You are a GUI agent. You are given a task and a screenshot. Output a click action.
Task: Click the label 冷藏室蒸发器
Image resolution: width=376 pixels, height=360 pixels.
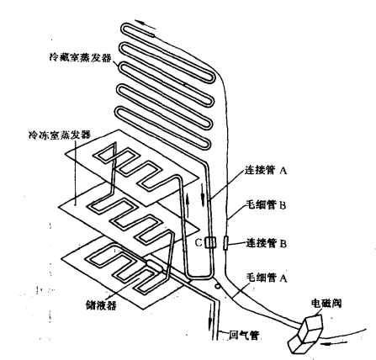(x=81, y=58)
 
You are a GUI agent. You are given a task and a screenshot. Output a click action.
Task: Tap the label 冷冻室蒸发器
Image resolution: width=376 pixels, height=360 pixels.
(x=60, y=135)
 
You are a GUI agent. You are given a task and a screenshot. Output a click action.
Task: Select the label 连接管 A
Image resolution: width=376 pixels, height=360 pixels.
(x=266, y=170)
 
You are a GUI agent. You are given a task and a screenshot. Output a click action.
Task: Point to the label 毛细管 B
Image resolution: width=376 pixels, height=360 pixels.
(x=266, y=205)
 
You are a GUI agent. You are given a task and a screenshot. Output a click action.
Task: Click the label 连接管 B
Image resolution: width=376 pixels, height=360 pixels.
(x=267, y=243)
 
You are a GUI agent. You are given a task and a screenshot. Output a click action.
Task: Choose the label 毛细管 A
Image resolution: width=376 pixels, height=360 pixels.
(x=267, y=278)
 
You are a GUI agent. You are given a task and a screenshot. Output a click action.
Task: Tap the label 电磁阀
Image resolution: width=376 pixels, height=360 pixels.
(x=326, y=303)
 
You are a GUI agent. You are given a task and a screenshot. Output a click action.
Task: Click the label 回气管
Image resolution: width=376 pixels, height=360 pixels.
(x=244, y=335)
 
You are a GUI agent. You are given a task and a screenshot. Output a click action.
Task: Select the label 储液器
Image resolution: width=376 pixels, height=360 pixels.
(x=101, y=304)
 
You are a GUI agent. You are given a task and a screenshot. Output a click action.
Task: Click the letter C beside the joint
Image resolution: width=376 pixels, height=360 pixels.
(x=199, y=242)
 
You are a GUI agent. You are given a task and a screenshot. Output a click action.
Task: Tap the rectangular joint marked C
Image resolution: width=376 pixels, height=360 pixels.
(x=210, y=243)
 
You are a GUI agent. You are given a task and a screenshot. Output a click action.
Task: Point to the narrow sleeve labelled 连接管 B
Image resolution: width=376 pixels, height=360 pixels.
(x=226, y=243)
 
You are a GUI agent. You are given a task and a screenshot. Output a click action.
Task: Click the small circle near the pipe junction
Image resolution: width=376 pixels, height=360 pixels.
(x=217, y=286)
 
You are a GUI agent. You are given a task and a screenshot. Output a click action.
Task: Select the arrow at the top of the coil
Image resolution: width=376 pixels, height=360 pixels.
(x=145, y=24)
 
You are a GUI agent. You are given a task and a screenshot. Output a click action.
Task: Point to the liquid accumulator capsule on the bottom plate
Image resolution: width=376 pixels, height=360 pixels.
(x=155, y=265)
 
